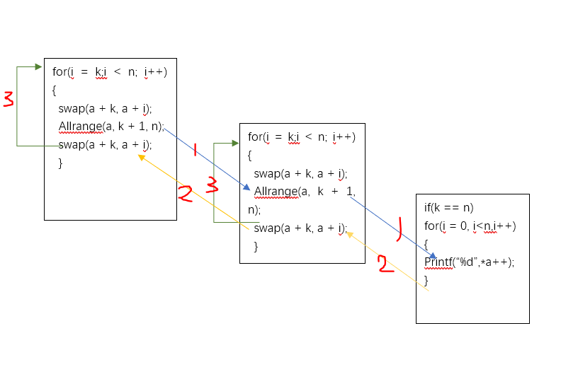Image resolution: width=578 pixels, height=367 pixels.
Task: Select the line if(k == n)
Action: [x=448, y=207]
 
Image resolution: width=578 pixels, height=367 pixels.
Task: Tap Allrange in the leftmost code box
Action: [x=80, y=127]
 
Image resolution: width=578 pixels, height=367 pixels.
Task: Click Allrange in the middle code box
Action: [x=276, y=192]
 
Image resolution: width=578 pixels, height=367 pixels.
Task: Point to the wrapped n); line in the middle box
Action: [x=254, y=210]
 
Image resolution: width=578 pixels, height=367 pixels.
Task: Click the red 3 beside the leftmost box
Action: [x=8, y=100]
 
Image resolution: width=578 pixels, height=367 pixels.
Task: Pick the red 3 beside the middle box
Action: [x=211, y=185]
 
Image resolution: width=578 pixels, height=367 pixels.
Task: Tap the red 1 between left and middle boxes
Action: [x=195, y=145]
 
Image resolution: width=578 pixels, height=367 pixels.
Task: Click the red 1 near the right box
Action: [x=398, y=228]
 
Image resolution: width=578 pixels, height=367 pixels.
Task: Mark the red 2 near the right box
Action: [x=385, y=265]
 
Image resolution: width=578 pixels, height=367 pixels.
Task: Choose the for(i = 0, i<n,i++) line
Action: [x=470, y=226]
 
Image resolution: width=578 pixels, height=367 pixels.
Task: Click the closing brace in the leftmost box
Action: [x=60, y=163]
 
